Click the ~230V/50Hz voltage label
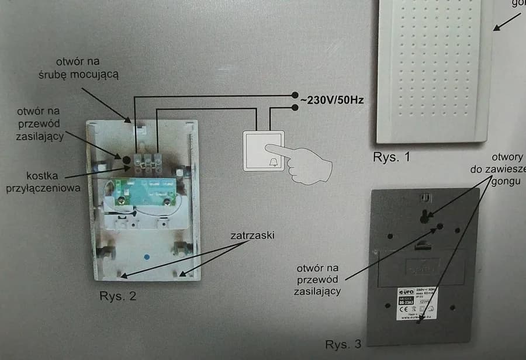(332, 101)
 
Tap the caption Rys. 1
(392, 157)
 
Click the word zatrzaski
(252, 236)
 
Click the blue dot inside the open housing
(146, 256)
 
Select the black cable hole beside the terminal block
(126, 158)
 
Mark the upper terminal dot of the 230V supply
(295, 95)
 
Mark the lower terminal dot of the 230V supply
(295, 107)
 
